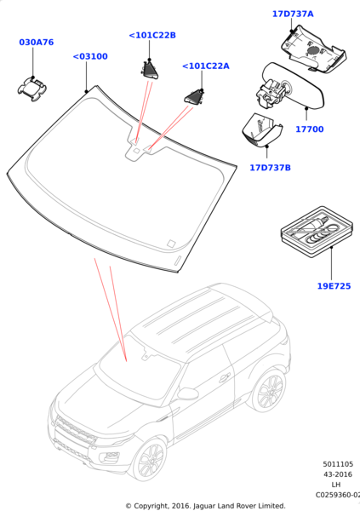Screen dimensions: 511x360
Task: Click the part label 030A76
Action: tap(36, 42)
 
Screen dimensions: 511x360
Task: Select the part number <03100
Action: tap(89, 56)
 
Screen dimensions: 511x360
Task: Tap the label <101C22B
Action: tap(151, 35)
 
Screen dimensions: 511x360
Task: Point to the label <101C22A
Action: tap(205, 66)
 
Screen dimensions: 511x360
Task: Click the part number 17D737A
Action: tap(293, 14)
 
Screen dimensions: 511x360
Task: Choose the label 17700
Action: tap(309, 129)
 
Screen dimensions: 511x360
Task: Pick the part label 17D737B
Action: tap(270, 168)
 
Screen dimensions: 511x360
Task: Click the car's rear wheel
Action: tap(270, 391)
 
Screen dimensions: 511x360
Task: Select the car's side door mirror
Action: tap(187, 393)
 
